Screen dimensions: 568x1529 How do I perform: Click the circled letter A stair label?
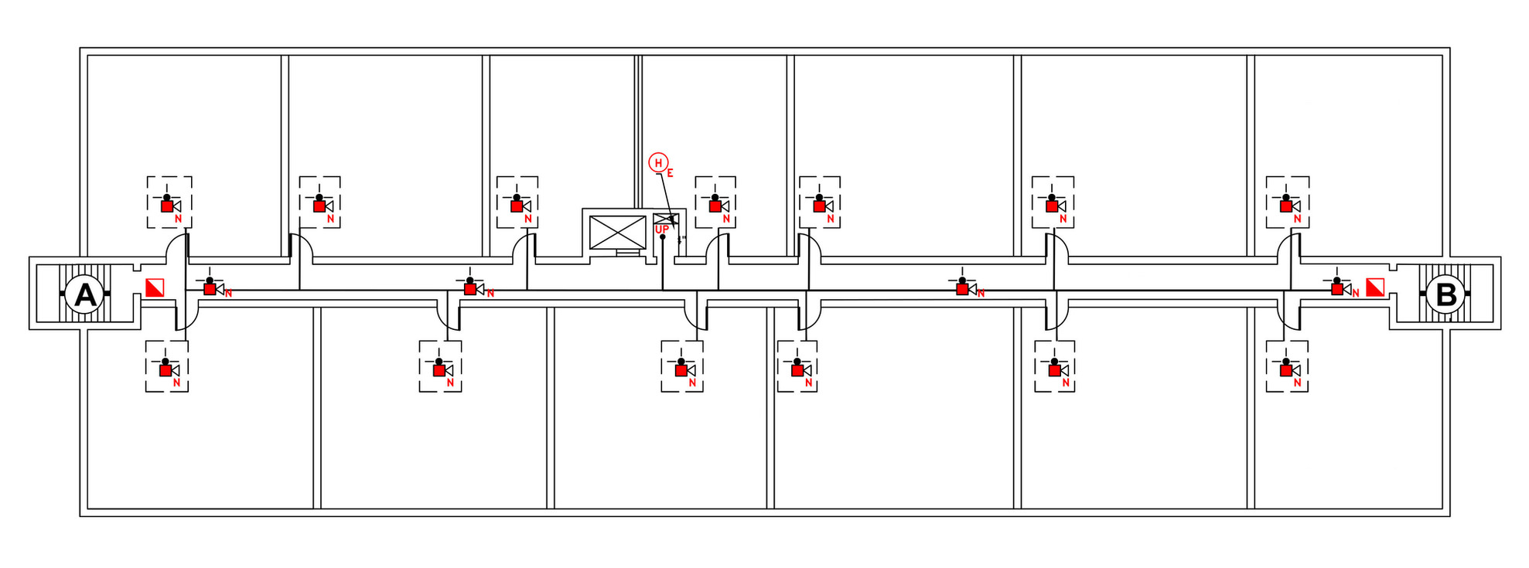click(x=84, y=294)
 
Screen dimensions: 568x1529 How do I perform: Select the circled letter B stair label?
click(x=1445, y=294)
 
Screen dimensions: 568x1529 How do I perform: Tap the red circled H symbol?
click(x=658, y=162)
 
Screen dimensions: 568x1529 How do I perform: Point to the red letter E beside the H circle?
click(x=671, y=173)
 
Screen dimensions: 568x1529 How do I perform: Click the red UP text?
click(x=661, y=230)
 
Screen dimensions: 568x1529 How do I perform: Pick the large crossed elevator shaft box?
click(x=617, y=233)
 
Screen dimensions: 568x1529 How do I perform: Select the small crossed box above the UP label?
click(x=665, y=219)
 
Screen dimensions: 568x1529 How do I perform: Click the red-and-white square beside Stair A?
click(x=155, y=288)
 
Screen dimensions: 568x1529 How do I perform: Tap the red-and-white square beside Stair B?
click(x=1375, y=288)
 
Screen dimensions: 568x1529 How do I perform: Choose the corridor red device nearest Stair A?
click(x=210, y=289)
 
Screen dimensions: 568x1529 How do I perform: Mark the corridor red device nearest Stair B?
click(x=1337, y=289)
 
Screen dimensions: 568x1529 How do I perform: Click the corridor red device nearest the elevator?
click(x=470, y=289)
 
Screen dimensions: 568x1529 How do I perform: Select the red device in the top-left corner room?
click(x=167, y=206)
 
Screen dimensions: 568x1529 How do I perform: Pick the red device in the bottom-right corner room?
click(x=1286, y=370)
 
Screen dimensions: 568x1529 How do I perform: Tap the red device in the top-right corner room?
click(x=1286, y=206)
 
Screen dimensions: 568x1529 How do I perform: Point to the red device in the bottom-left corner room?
click(x=166, y=370)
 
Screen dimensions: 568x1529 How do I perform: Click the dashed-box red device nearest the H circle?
click(x=715, y=206)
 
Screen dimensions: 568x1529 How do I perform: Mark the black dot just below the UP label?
click(x=663, y=237)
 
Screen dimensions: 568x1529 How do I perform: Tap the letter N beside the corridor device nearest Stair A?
click(x=228, y=294)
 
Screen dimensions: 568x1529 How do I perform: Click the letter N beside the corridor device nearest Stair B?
click(x=1356, y=294)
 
